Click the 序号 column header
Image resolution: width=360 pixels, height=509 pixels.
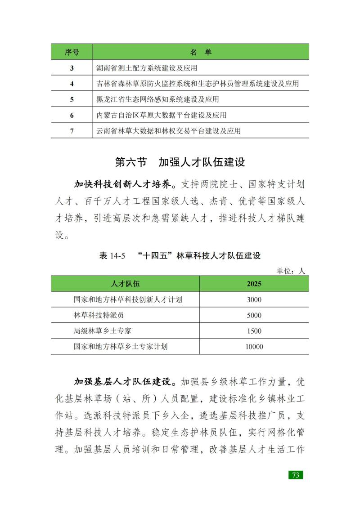pyautogui.click(x=72, y=52)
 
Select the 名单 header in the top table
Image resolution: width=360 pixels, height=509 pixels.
pyautogui.click(x=201, y=52)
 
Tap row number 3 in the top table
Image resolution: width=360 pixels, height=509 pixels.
pyautogui.click(x=72, y=68)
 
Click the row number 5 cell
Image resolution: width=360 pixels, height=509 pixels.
pyautogui.click(x=72, y=99)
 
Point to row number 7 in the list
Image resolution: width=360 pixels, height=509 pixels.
pyautogui.click(x=72, y=131)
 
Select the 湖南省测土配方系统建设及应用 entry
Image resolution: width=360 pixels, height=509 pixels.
pyautogui.click(x=147, y=68)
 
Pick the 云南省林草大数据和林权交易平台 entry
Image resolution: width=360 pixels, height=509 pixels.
pyautogui.click(x=169, y=131)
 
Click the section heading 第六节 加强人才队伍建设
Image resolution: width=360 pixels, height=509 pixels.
pyautogui.click(x=180, y=162)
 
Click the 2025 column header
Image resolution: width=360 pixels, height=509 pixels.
pyautogui.click(x=254, y=284)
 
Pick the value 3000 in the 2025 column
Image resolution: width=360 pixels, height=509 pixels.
pyautogui.click(x=254, y=299)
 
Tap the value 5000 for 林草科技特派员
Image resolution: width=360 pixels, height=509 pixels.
pyautogui.click(x=254, y=315)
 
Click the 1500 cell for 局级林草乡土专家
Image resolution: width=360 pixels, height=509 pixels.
pyautogui.click(x=254, y=331)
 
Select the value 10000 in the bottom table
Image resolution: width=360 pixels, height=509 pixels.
pyautogui.click(x=254, y=347)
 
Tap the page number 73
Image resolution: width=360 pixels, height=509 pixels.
pyautogui.click(x=296, y=475)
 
